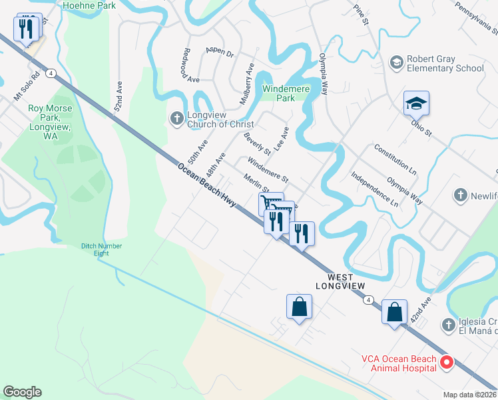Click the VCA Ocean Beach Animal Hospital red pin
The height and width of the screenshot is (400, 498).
click(445, 363)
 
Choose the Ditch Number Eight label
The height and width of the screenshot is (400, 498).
click(102, 249)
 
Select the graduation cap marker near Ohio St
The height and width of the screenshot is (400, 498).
click(416, 104)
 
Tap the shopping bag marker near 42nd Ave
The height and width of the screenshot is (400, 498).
click(394, 312)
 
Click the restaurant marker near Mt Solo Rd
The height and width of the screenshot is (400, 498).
click(27, 29)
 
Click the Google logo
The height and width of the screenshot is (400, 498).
click(23, 392)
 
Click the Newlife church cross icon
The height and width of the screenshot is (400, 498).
click(460, 195)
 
